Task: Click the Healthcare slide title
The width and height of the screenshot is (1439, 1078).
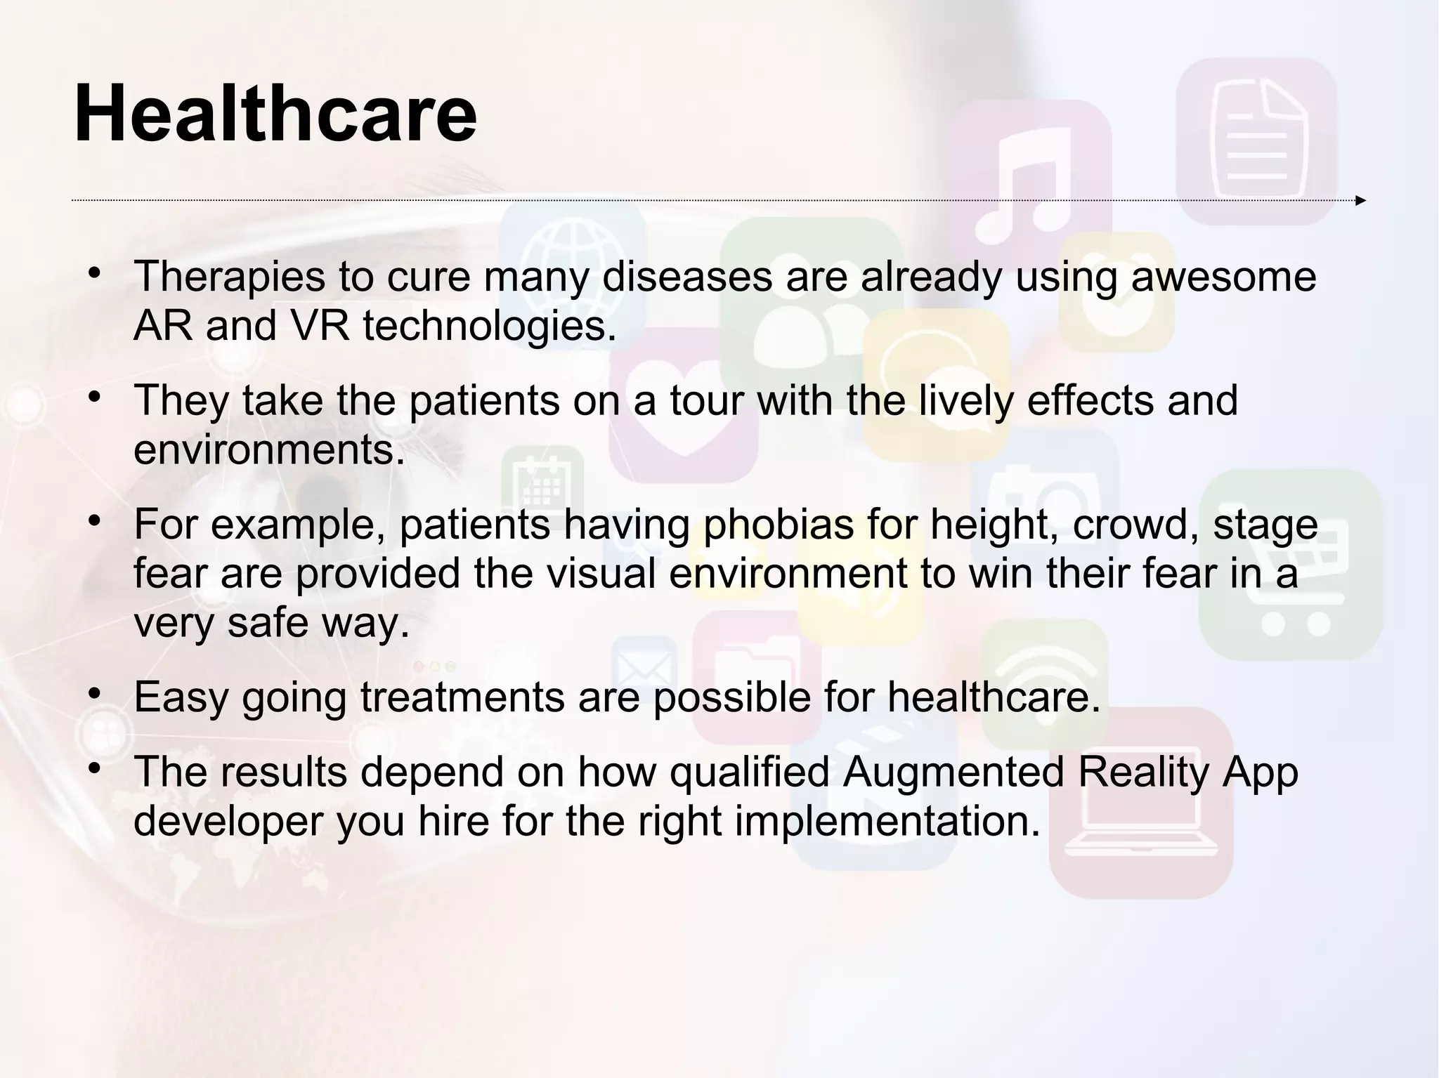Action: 275,114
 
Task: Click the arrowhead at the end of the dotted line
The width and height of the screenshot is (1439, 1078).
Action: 1360,201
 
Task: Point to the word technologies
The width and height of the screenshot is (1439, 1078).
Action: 490,326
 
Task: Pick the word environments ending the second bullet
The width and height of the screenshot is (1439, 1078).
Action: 269,449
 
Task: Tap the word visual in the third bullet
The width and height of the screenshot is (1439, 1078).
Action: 601,573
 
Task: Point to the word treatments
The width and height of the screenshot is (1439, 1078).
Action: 462,697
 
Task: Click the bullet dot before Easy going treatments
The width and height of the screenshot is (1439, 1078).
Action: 94,695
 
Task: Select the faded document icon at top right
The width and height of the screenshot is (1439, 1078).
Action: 1256,140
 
